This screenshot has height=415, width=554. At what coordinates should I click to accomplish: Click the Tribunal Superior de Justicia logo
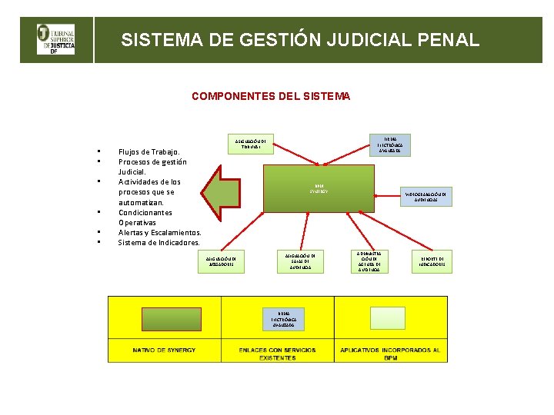(x=56, y=39)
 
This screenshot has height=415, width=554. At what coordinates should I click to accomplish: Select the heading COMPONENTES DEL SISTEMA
(x=271, y=96)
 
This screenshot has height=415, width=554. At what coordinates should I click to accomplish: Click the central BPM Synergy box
(x=319, y=190)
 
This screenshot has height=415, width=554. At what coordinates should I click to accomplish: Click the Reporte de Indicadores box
(x=432, y=261)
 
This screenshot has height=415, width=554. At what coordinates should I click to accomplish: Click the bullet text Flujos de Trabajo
(x=149, y=152)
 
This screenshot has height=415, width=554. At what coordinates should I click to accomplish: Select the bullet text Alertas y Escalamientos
(x=160, y=232)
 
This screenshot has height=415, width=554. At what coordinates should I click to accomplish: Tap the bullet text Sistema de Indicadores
(x=159, y=242)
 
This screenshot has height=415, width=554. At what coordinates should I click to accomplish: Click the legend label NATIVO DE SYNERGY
(x=164, y=350)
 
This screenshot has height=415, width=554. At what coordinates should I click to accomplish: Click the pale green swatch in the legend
(x=388, y=318)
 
